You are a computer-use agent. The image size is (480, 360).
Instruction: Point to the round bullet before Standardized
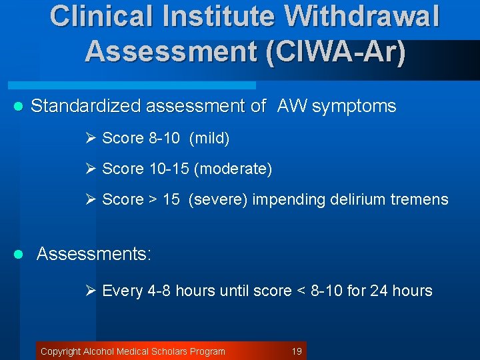tap(19, 107)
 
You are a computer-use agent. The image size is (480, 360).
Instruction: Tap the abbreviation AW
tap(293, 106)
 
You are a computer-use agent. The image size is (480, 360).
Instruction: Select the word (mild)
tap(209, 138)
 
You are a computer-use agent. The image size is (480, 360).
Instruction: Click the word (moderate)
tap(233, 169)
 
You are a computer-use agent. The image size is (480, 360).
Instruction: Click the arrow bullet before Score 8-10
tap(92, 138)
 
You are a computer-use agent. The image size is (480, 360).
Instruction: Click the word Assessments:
tap(94, 254)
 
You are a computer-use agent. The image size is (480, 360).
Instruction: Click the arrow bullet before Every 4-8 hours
tap(92, 291)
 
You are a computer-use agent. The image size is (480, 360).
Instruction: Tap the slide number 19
tap(297, 351)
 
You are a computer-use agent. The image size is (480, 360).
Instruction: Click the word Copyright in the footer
tap(61, 351)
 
